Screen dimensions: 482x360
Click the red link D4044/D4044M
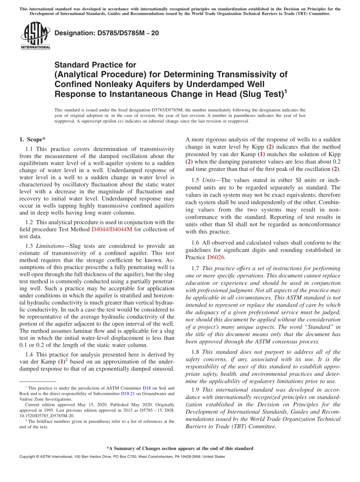(x=112, y=229)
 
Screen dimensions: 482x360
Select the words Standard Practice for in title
(x=95, y=65)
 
